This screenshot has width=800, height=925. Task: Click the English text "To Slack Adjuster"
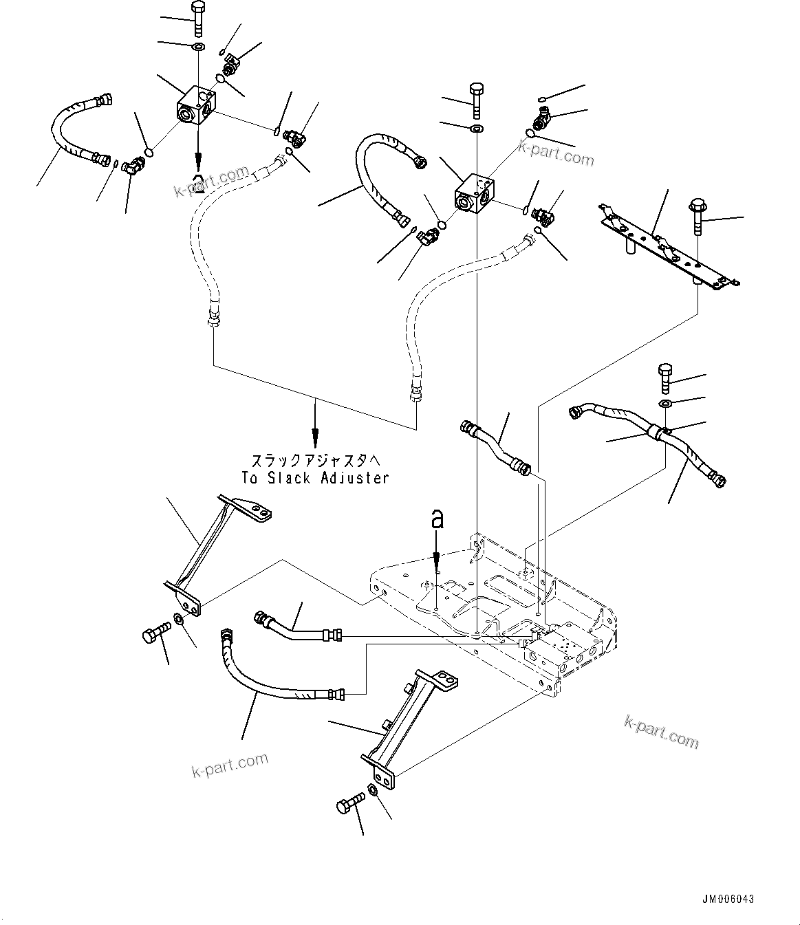(x=315, y=477)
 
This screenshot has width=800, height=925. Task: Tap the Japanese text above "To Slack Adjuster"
(x=315, y=460)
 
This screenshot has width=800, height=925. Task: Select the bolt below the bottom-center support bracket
(x=350, y=807)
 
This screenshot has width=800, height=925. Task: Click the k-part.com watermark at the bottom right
(x=660, y=730)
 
